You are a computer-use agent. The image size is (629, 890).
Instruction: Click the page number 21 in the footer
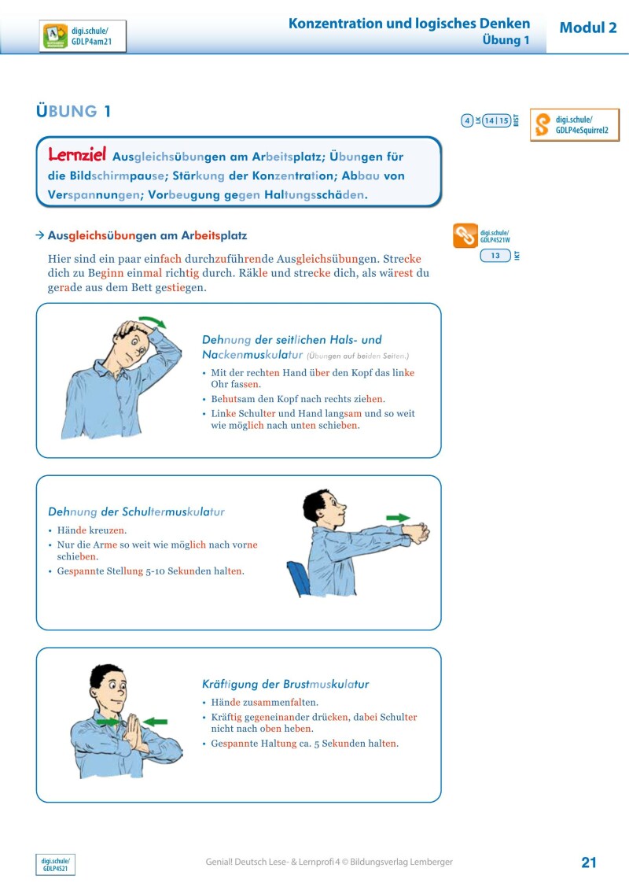tap(589, 862)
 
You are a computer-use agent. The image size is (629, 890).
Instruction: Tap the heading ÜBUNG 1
tap(74, 112)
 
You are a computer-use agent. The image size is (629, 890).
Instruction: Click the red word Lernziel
tap(77, 154)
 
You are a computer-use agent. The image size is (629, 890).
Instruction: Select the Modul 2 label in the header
tap(587, 28)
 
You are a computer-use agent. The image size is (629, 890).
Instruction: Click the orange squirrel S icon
tap(543, 125)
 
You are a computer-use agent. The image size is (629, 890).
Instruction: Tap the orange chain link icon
tap(465, 235)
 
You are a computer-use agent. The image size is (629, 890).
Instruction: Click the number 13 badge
tap(495, 256)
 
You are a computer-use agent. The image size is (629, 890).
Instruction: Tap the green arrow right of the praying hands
tap(155, 721)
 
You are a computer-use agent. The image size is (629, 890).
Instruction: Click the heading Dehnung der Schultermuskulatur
tap(136, 511)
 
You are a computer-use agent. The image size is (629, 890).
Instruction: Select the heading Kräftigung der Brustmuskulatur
tap(285, 684)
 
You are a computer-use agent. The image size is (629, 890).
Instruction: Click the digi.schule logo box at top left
tap(83, 36)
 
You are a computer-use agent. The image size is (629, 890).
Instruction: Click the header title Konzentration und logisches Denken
tap(409, 24)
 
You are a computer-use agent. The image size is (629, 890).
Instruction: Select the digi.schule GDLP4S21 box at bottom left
tap(55, 865)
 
